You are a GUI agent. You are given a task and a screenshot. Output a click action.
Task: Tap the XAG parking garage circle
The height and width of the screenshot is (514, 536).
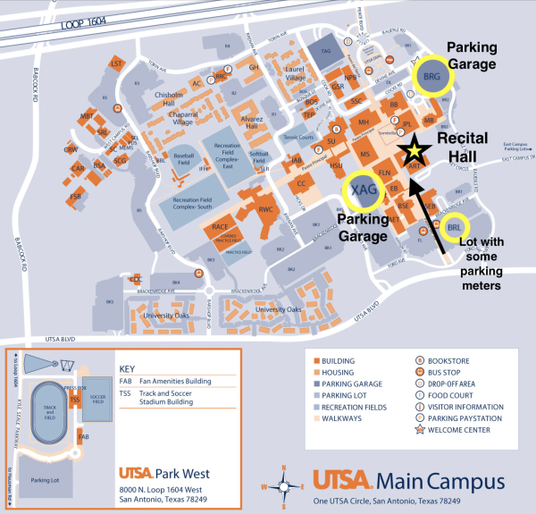[364, 190]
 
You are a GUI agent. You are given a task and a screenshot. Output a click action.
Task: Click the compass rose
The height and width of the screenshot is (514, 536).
[284, 485]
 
